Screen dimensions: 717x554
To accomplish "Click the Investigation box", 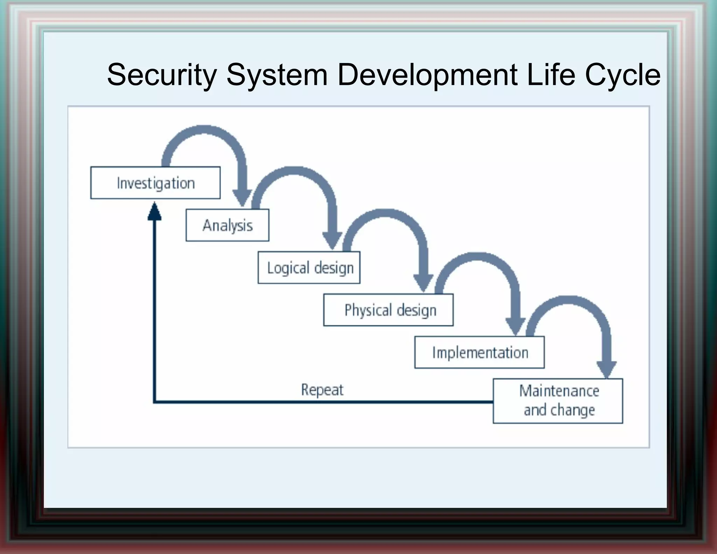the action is point(155,183).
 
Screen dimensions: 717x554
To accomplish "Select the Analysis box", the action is point(228,225).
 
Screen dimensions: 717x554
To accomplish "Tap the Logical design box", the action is point(309,268).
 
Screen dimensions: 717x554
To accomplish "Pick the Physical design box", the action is point(388,310).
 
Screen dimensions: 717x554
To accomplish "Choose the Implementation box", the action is point(479,352).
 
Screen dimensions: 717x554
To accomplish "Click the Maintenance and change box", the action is point(558,401).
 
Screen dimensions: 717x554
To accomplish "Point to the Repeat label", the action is point(322,390).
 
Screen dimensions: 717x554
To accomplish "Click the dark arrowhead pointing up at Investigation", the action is point(154,212).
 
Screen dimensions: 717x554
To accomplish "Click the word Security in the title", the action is point(162,75).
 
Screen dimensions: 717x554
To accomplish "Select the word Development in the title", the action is point(427,75).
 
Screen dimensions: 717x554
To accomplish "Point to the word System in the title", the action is point(277,75).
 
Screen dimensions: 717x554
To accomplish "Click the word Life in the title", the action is point(551,75).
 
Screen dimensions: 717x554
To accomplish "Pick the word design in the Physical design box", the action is point(417,311).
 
